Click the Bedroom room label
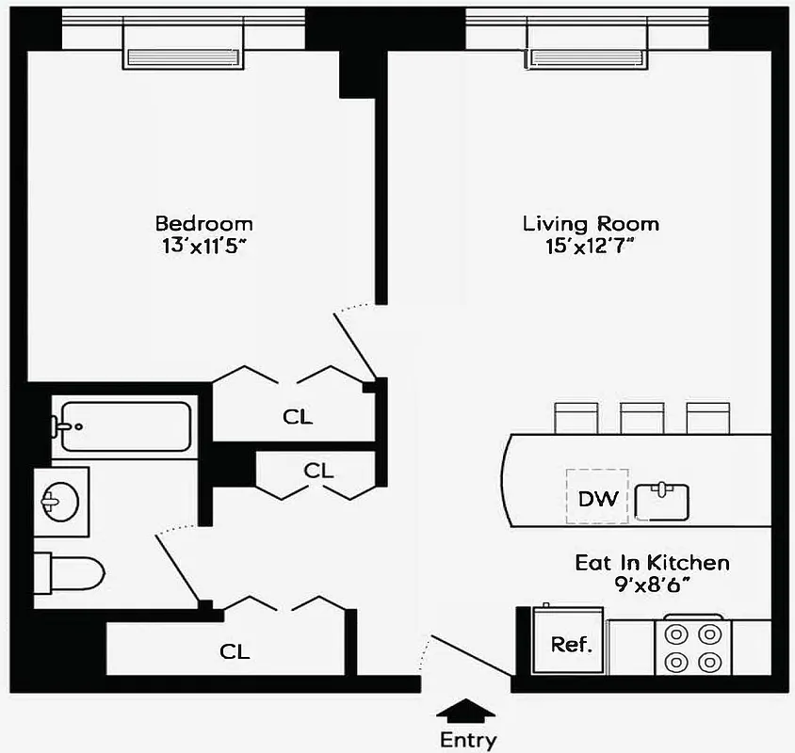click(x=203, y=224)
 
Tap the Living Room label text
click(x=591, y=224)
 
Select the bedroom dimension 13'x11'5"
click(x=203, y=247)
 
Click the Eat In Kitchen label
click(x=652, y=563)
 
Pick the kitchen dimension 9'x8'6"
click(x=652, y=585)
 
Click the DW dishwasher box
click(x=597, y=498)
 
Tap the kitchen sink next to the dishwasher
click(x=663, y=500)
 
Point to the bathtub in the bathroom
click(x=123, y=427)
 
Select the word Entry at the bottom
click(x=467, y=740)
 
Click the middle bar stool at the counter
click(x=641, y=417)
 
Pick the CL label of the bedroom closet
click(x=298, y=416)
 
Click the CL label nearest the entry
click(x=235, y=651)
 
